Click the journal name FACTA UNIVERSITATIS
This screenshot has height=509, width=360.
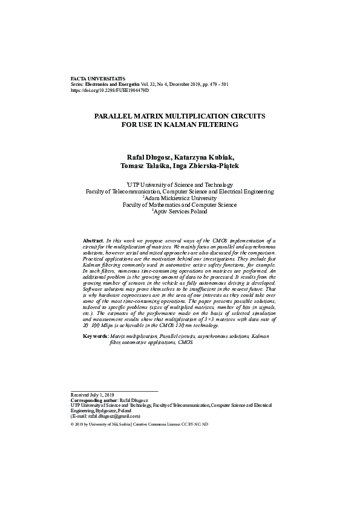click(98, 79)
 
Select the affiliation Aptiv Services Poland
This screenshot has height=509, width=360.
click(180, 212)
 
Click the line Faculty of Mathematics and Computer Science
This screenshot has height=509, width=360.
click(180, 205)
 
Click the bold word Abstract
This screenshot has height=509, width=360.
click(94, 241)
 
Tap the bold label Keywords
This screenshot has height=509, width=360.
click(96, 336)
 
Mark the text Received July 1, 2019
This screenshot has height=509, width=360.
click(93, 395)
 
